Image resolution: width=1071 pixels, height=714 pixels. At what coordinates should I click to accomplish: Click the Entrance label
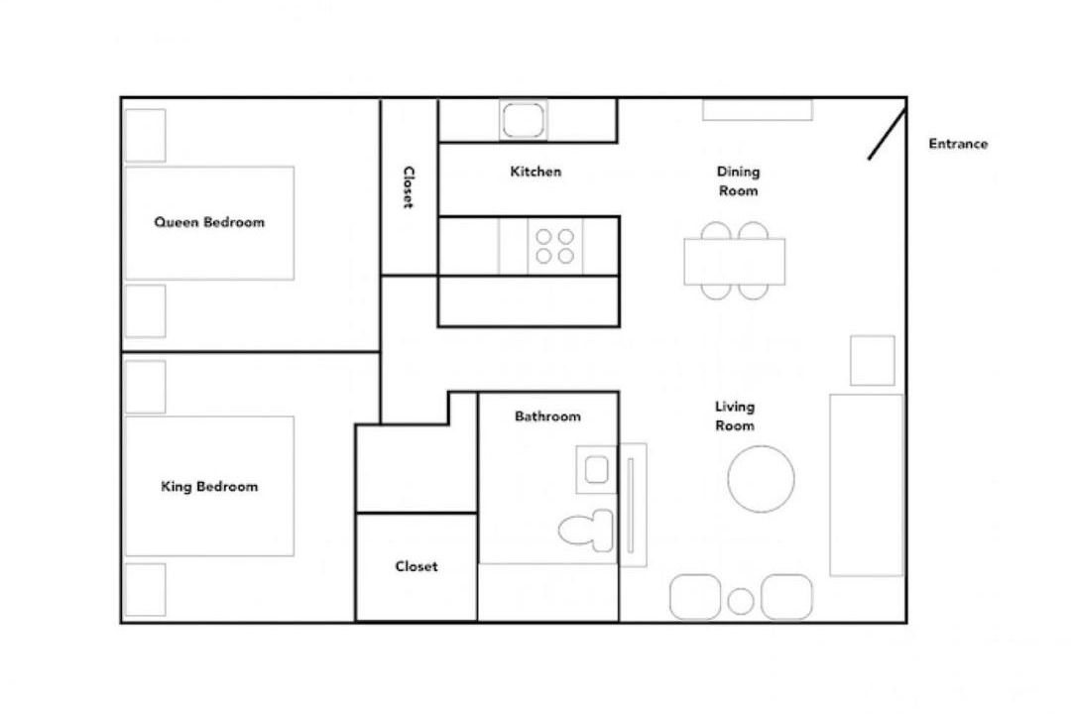958,144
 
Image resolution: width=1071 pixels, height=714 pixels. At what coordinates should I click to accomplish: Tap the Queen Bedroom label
209,222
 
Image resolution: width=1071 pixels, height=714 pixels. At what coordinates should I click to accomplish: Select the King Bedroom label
209,487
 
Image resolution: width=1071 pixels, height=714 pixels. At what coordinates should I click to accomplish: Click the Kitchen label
535,172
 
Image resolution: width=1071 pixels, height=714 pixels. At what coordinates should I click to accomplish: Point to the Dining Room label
738,181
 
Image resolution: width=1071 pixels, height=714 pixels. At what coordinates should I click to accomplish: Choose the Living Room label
734,416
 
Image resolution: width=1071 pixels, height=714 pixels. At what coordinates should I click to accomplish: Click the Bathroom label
547,416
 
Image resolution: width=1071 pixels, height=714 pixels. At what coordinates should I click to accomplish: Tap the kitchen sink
524,120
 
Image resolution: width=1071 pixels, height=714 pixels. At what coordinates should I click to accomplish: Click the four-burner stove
554,246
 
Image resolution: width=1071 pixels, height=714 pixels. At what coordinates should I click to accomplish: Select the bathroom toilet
586,531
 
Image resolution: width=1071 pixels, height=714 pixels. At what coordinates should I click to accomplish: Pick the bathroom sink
596,469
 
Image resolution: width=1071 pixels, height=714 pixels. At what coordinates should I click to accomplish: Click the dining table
734,261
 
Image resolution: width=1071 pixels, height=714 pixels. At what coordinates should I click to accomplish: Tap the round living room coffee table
761,478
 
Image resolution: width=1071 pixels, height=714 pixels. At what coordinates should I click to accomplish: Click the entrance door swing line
888,134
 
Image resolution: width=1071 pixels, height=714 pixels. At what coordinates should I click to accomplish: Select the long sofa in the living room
866,485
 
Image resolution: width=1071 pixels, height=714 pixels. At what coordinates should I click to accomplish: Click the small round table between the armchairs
741,601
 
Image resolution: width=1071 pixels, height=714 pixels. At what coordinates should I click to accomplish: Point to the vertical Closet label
409,187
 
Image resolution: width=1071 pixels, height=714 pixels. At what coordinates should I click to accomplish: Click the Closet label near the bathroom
416,566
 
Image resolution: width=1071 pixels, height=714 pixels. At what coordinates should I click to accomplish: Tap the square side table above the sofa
873,360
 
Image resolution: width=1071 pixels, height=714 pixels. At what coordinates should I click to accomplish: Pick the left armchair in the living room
695,597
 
